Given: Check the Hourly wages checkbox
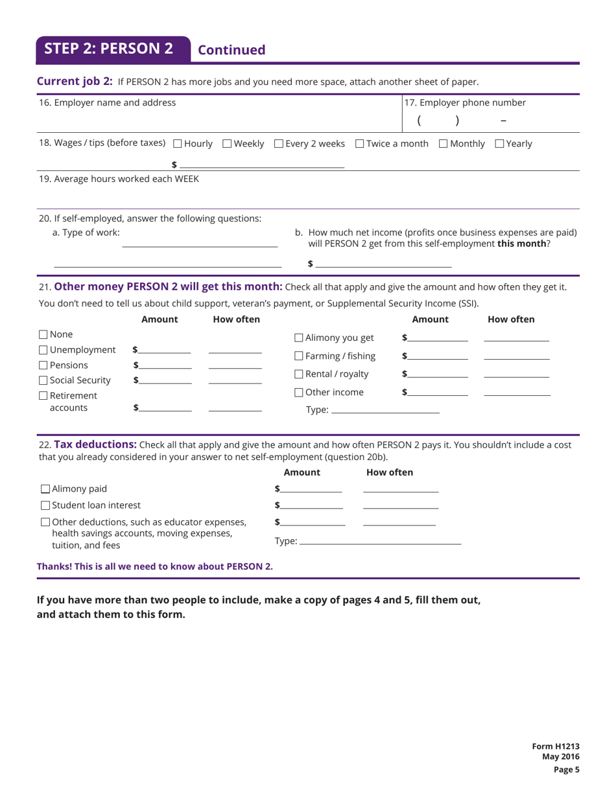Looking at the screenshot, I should click(x=178, y=144).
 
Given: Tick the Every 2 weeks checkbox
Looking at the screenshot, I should click(x=279, y=144).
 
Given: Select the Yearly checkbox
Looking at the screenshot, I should click(x=499, y=144).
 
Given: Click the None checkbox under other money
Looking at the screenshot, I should click(x=43, y=335).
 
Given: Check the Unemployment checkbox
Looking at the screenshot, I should click(x=43, y=351).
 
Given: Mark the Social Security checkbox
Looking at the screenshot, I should click(x=43, y=380).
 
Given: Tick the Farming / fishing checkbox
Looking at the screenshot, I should click(x=299, y=356).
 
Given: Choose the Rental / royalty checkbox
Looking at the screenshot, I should click(x=299, y=375).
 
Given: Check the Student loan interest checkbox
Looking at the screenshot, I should click(x=45, y=505).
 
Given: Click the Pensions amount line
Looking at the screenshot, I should click(x=165, y=367).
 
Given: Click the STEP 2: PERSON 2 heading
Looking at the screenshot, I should click(x=109, y=49).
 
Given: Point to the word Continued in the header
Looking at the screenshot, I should click(x=231, y=51).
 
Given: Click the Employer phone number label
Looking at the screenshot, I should click(x=465, y=102).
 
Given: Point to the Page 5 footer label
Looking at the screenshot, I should click(x=565, y=770).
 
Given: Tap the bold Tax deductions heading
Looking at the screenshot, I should click(x=95, y=445).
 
